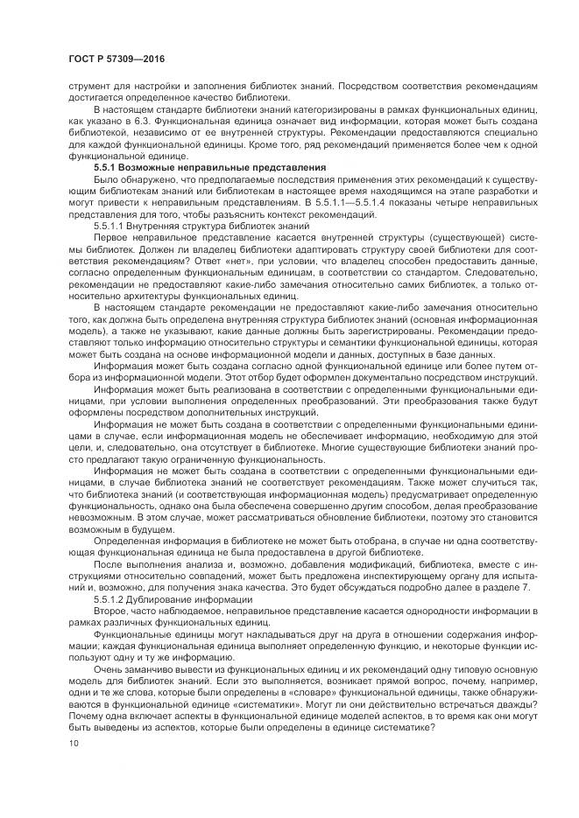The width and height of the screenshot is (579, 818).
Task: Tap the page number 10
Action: pos(74,743)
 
